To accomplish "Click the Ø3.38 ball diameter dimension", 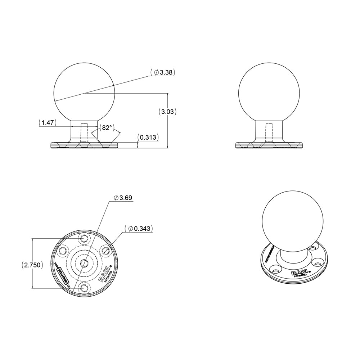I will [164, 72].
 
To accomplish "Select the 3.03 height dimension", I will [168, 112].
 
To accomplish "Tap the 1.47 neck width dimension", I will [47, 123].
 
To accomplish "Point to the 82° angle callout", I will [107, 127].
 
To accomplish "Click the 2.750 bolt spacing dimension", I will [33, 265].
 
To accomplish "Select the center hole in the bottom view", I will [84, 262].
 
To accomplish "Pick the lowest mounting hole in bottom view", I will [85, 287].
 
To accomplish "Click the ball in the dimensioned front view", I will [84, 93].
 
